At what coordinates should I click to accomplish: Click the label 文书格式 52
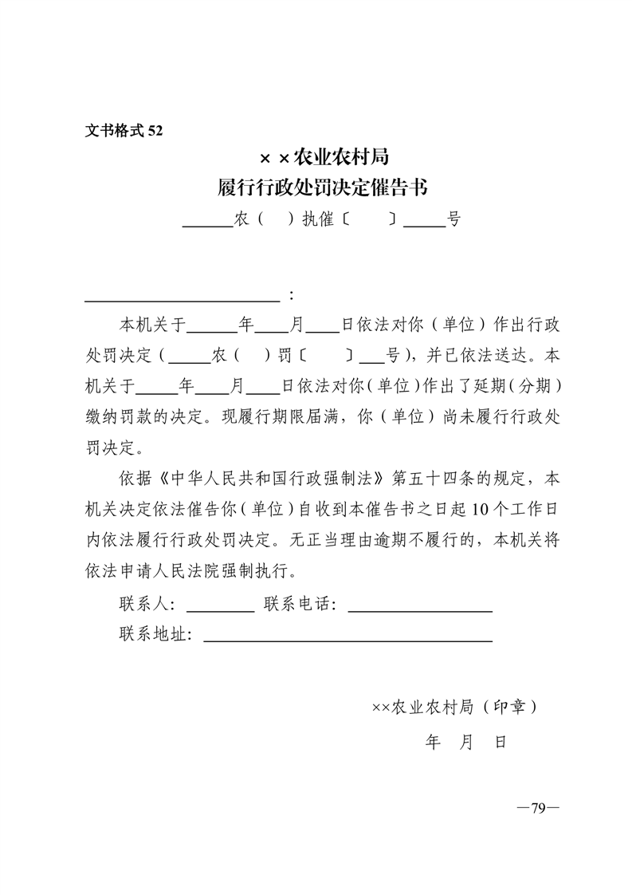click(x=124, y=131)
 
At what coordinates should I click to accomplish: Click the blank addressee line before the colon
click(x=183, y=297)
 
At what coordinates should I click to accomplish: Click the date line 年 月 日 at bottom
click(x=466, y=743)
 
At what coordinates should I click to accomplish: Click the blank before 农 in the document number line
click(x=206, y=223)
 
